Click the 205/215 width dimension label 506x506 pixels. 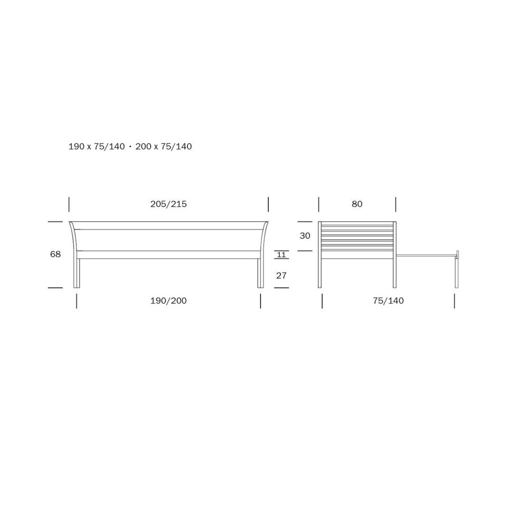pyautogui.click(x=169, y=204)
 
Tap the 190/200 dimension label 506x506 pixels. pyautogui.click(x=169, y=301)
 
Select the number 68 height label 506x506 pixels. pyautogui.click(x=55, y=254)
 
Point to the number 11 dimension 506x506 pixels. pyautogui.click(x=281, y=255)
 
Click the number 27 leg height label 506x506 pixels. pyautogui.click(x=281, y=276)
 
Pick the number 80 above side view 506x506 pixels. pyautogui.click(x=357, y=204)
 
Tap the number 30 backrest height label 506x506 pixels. pyautogui.click(x=305, y=236)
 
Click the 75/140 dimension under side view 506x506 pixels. pyautogui.click(x=388, y=301)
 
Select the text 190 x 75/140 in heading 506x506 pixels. pyautogui.click(x=96, y=147)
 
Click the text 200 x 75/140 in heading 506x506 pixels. pyautogui.click(x=163, y=147)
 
